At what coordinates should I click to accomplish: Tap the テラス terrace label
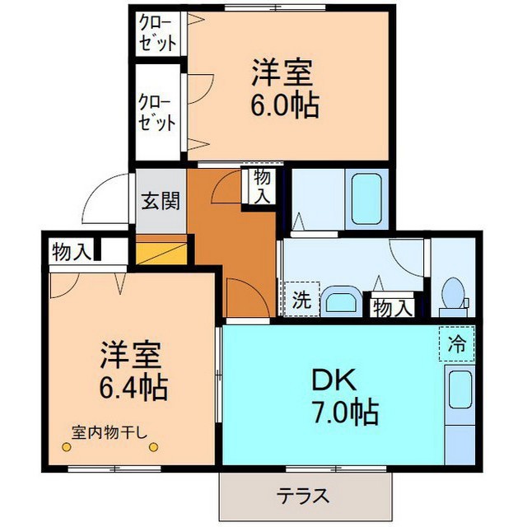(303, 496)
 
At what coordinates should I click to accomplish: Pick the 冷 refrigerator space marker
(457, 344)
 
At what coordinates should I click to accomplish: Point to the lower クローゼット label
(156, 113)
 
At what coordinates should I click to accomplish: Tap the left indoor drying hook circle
(66, 447)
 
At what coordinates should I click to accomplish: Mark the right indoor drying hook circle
(153, 447)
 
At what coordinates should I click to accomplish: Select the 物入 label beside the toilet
(391, 308)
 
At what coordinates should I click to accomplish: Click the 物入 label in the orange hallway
(262, 186)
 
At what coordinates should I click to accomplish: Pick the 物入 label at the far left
(71, 251)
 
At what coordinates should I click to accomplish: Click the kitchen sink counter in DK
(460, 412)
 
